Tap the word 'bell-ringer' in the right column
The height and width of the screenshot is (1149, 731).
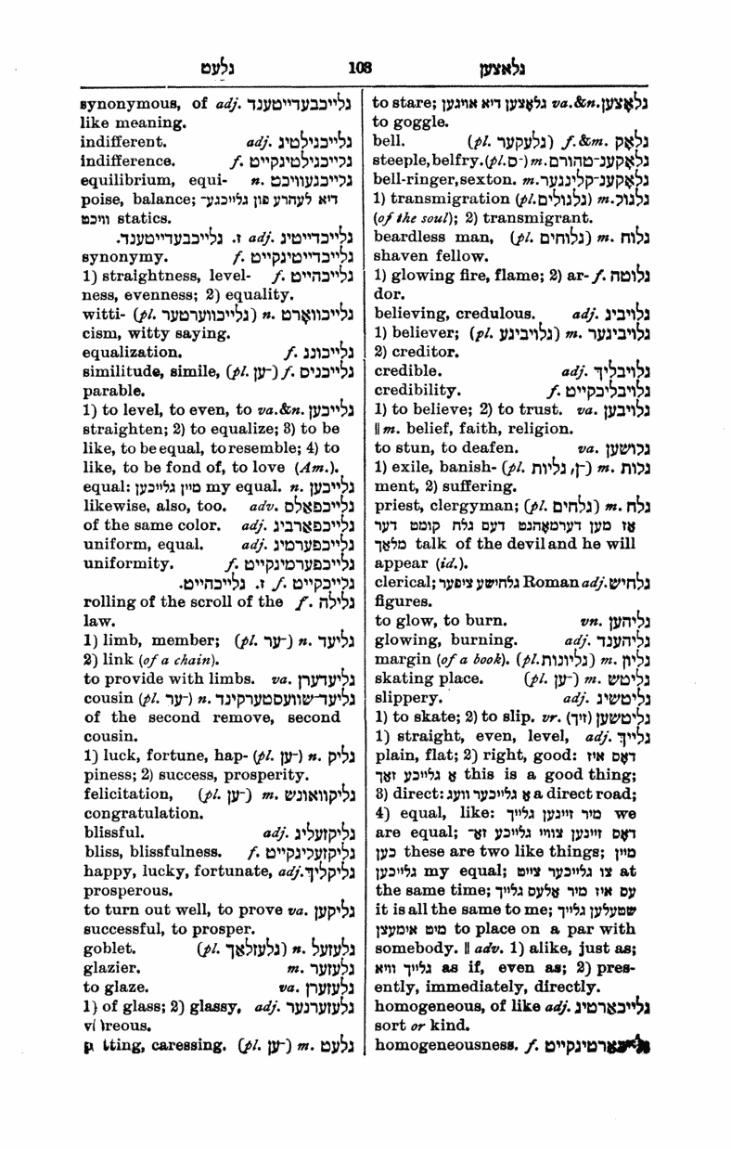415,183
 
